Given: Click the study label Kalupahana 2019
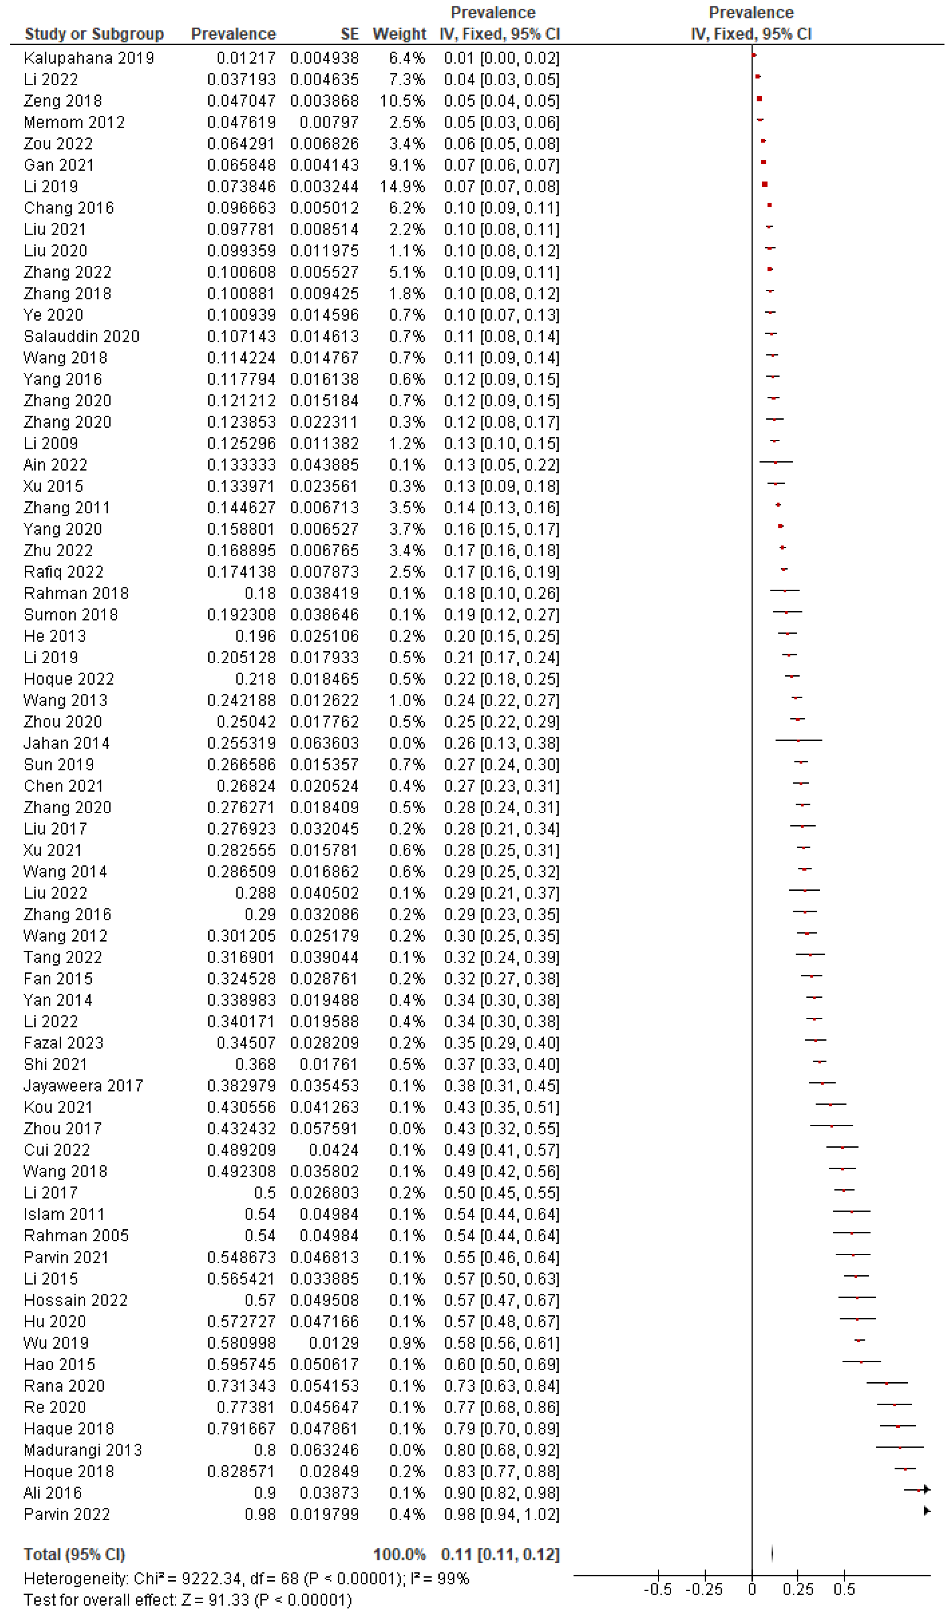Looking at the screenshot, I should click(x=89, y=58).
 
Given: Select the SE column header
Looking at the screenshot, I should click(x=350, y=34).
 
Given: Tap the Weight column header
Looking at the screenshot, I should click(x=399, y=34).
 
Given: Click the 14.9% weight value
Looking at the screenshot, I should click(x=407, y=187).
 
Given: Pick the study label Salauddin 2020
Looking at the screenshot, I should click(x=82, y=337).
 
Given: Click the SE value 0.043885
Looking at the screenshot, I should click(x=325, y=465).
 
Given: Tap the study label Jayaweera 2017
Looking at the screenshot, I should click(x=83, y=1086).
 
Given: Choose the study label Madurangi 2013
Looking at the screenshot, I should click(x=83, y=1450).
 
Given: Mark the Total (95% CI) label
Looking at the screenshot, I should click(x=74, y=1555).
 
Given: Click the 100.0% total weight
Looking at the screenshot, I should click(x=400, y=1555).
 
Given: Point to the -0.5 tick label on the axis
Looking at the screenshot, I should click(x=658, y=1589).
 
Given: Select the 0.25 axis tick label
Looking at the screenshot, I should click(x=798, y=1589).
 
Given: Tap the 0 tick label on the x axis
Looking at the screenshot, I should click(x=752, y=1589).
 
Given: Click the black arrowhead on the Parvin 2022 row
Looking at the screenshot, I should click(x=926, y=1511).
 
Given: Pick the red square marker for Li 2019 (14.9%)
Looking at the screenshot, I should click(x=765, y=185).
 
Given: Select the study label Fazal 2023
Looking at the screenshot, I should click(x=64, y=1043).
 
